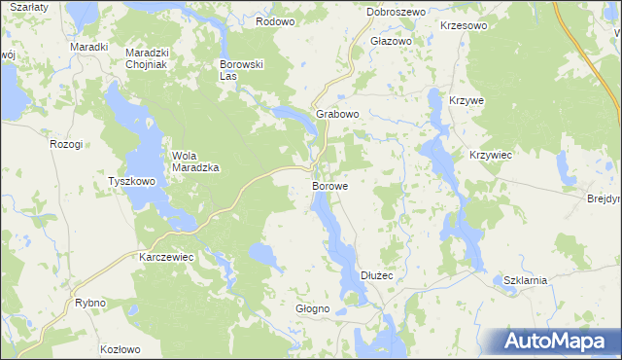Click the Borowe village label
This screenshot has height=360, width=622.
click(x=330, y=184)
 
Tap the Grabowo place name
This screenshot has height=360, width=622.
click(x=338, y=114)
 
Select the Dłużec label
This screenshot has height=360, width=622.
click(x=376, y=276)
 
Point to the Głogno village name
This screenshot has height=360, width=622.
click(x=313, y=308)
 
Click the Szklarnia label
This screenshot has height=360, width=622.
click(x=526, y=280)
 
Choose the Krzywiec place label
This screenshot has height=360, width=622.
click(x=491, y=156)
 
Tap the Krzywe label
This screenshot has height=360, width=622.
click(x=466, y=100)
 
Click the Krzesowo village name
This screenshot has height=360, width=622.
click(x=463, y=26)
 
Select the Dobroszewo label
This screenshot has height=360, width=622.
click(x=397, y=12)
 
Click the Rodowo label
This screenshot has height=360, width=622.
click(x=275, y=20)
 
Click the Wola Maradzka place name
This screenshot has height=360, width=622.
click(x=196, y=161)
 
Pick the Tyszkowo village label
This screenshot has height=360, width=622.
click(x=132, y=182)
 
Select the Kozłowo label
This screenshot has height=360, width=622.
click(x=121, y=348)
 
